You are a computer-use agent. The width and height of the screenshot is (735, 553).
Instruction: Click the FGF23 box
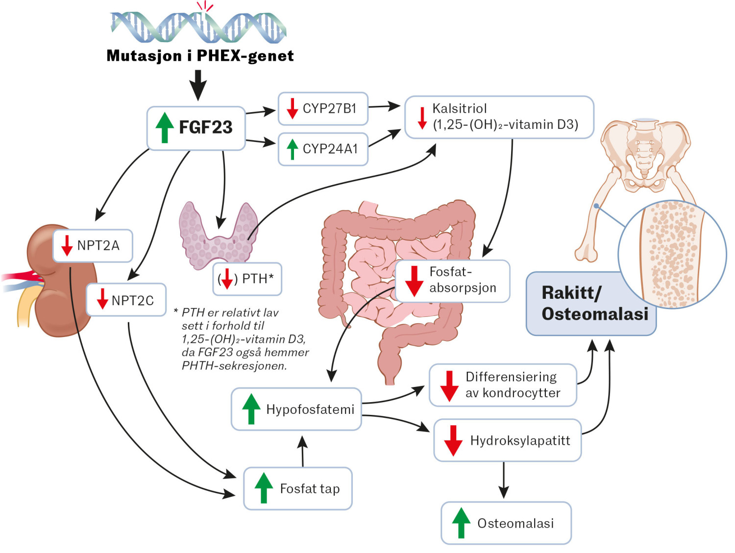pos(196,128)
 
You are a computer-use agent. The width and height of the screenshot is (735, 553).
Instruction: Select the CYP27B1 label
pos(329,108)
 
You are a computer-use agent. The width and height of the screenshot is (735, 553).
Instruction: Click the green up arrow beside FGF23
pos(165,128)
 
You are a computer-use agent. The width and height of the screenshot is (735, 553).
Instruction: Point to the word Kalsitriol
pos(459,108)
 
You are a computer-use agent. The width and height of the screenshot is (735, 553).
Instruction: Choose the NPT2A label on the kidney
pos(98,245)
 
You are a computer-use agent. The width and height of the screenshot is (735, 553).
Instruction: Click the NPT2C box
pos(126,300)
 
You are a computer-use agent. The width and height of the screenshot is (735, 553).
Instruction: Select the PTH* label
pos(257,279)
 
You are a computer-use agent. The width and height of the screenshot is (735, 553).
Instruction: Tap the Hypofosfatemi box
pos(296,409)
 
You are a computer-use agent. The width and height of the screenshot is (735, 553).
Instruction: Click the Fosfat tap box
pos(298,488)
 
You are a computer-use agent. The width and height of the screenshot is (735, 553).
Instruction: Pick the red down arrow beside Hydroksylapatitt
pos(453,440)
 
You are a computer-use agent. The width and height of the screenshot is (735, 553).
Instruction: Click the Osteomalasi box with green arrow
pos(506,523)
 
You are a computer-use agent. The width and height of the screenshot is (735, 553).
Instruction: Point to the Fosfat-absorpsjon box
pos(452,281)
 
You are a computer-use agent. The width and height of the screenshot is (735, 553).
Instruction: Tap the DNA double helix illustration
pos(198,27)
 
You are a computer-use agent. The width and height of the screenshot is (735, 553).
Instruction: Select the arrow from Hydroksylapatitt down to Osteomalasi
pos(504,480)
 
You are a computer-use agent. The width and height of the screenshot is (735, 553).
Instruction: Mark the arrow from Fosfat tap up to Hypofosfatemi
pos(302,451)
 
